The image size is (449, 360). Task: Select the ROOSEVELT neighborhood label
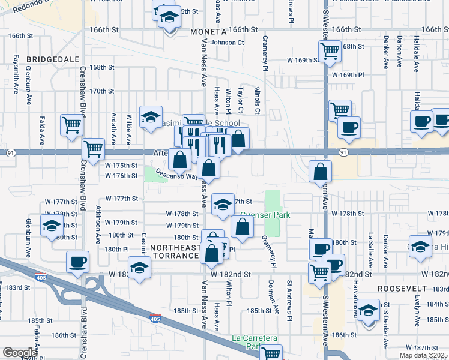pos(402,289)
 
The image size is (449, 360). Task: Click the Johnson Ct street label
pos(228,43)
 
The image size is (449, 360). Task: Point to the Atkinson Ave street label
pos(98,225)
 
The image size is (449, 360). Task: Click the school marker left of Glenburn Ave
pos(52,226)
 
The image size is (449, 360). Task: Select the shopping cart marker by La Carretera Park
pos(271,353)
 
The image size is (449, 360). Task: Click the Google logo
pos(20,353)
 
